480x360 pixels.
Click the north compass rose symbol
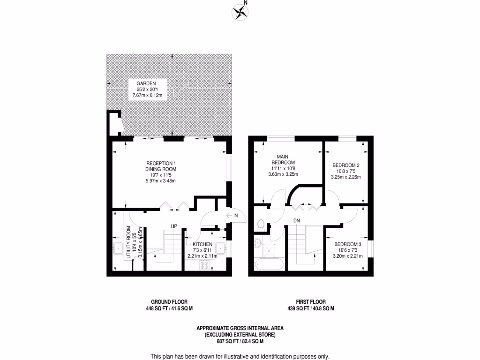click(240, 12)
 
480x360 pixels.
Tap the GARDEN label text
click(146, 83)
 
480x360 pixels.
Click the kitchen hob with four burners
click(205, 265)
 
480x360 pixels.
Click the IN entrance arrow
click(232, 216)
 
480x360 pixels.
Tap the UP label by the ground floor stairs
click(173, 226)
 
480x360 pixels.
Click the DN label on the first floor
click(296, 220)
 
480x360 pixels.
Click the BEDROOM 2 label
click(345, 165)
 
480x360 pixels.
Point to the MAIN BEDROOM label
click(282, 159)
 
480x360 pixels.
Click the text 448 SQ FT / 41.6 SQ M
click(169, 308)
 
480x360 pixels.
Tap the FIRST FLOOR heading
click(310, 302)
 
